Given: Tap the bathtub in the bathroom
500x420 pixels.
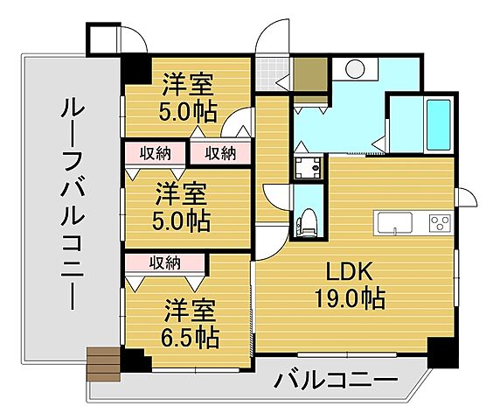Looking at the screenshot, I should coord(437,126).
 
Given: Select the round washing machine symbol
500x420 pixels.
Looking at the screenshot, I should coord(355,69).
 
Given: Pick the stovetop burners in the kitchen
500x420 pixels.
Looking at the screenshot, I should coord(438,222).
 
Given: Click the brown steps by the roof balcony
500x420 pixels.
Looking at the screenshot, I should coord(101,360).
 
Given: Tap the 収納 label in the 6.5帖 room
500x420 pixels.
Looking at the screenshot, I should coord(164,262).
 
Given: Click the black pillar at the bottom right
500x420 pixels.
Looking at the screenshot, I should coord(442,353).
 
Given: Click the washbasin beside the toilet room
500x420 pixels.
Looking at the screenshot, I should coord(308,167).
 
